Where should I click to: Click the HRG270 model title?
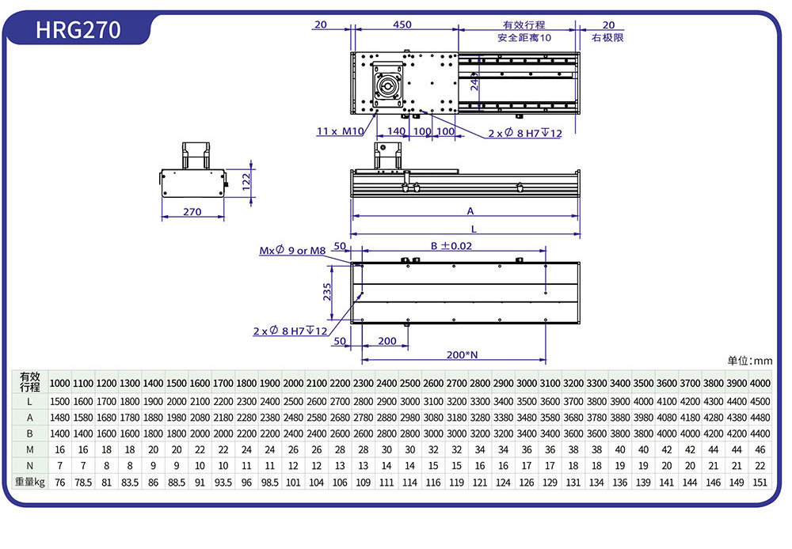[78, 30]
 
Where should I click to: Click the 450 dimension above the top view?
[402, 25]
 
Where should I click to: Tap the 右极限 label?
[607, 37]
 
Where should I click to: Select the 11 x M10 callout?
[341, 131]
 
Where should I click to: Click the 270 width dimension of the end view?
[192, 212]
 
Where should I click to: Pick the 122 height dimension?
[246, 182]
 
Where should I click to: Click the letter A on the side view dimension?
[470, 211]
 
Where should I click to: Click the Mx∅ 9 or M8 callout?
[292, 251]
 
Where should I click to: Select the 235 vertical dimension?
[328, 293]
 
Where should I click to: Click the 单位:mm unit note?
[749, 361]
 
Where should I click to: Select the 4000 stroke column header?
[760, 383]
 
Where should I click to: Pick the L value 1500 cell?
[60, 402]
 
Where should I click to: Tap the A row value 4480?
[760, 418]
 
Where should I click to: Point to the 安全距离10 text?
[524, 37]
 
